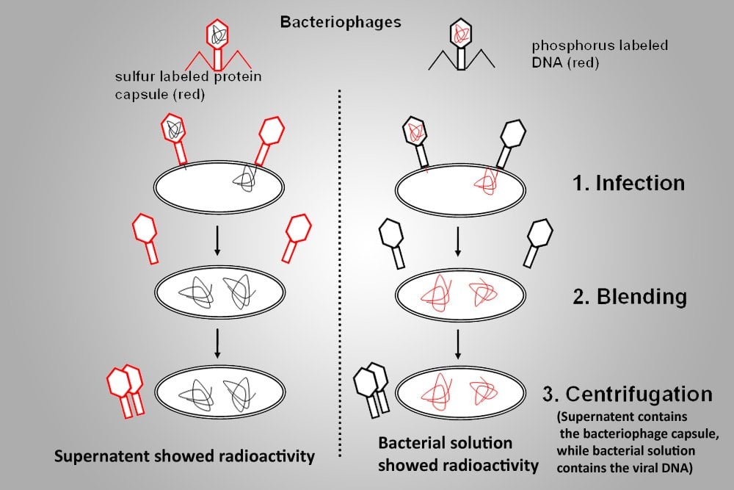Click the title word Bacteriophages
pyautogui.click(x=341, y=21)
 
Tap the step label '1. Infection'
pyautogui.click(x=629, y=182)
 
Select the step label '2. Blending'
pyautogui.click(x=630, y=297)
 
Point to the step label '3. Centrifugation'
pyautogui.click(x=627, y=394)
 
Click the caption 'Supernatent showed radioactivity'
pyautogui.click(x=184, y=456)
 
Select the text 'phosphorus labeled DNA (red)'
pyautogui.click(x=600, y=54)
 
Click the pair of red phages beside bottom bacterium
pyautogui.click(x=126, y=388)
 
